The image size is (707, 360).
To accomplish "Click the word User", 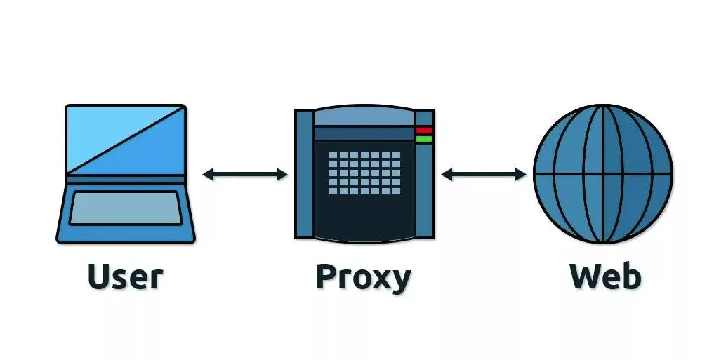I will [125, 276].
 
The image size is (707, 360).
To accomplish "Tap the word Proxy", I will [363, 278].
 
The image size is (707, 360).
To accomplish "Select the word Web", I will [604, 276].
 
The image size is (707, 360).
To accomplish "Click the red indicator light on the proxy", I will [423, 131].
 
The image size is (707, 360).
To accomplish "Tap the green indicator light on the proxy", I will [423, 139].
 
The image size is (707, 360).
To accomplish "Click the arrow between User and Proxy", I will [245, 174].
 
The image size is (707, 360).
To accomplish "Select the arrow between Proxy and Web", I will [483, 174].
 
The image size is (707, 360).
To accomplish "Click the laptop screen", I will [125, 139].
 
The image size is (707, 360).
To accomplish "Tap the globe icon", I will [602, 173].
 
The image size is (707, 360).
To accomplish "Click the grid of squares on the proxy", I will [364, 173].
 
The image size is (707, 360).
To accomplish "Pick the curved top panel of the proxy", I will [364, 116].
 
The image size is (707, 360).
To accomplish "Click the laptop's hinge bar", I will [125, 179].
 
